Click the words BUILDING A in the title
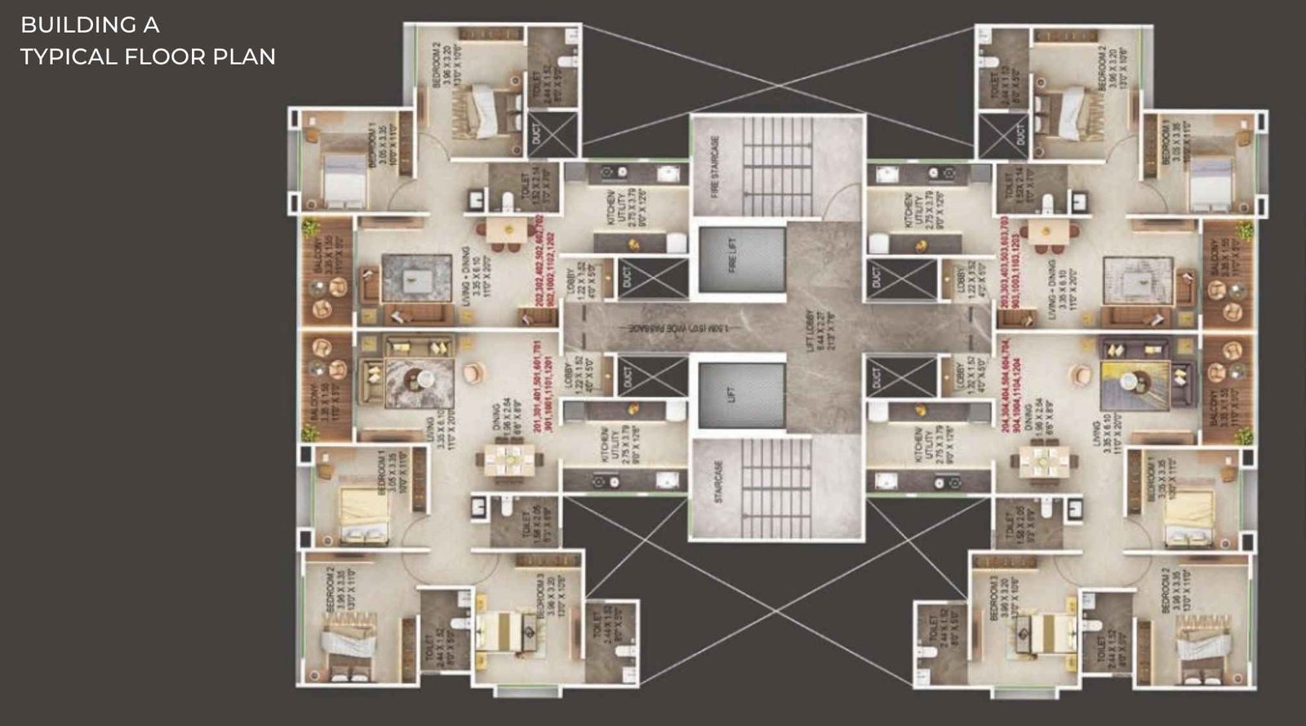pyautogui.click(x=90, y=25)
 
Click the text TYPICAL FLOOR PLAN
pyautogui.click(x=148, y=56)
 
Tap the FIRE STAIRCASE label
pyautogui.click(x=716, y=167)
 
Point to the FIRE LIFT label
pyautogui.click(x=732, y=256)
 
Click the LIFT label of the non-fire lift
pyautogui.click(x=732, y=395)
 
